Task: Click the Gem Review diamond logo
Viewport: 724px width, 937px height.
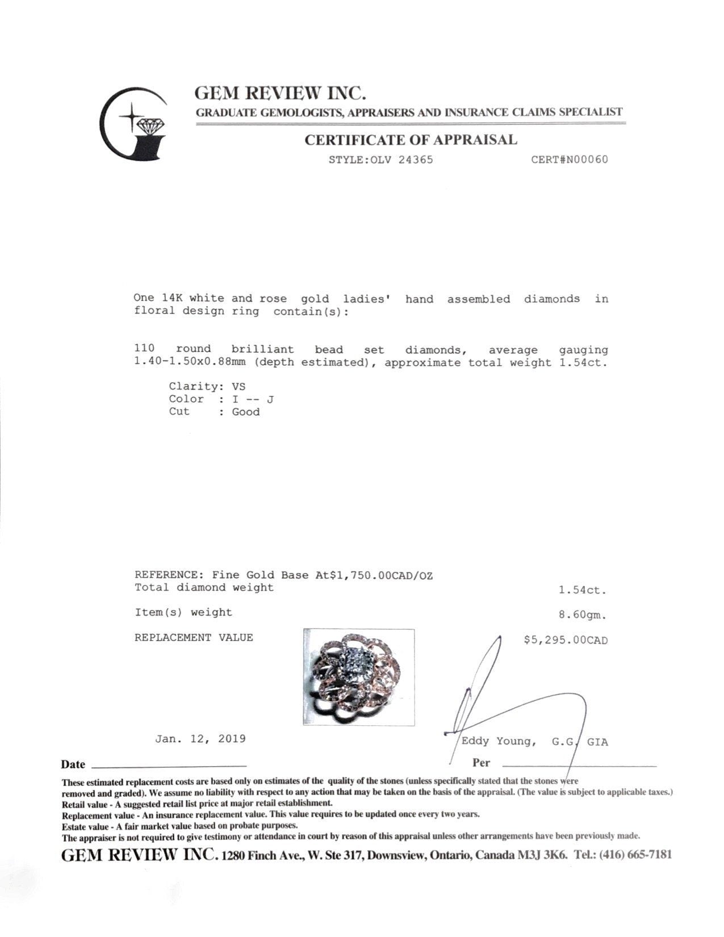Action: [135, 124]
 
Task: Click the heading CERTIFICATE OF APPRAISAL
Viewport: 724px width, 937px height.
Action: [411, 140]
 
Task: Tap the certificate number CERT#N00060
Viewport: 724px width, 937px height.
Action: [569, 160]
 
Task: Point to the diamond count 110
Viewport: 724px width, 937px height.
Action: [144, 349]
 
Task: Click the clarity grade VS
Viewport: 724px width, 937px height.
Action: [238, 387]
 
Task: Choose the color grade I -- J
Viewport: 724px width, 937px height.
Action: [253, 399]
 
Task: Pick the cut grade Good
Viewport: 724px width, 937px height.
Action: [245, 412]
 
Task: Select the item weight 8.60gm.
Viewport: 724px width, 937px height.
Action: [582, 614]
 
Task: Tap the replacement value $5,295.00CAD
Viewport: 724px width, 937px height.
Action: [565, 640]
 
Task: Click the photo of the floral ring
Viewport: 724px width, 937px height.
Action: [358, 677]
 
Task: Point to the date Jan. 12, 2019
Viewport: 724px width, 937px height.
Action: [200, 739]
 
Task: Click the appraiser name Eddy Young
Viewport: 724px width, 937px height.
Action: [497, 741]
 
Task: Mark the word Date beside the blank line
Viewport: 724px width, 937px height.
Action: [73, 764]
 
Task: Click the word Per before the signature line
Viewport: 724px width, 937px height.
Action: [480, 763]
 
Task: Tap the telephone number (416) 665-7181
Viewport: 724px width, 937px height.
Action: [639, 855]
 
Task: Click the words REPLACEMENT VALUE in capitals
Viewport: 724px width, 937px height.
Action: [194, 638]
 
